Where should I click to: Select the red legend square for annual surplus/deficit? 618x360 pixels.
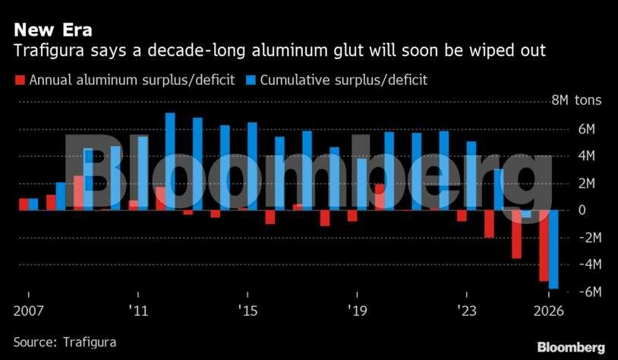pos(20,80)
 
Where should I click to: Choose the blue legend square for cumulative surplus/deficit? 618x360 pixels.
pos(250,80)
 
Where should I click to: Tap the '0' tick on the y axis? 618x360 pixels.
pos(582,210)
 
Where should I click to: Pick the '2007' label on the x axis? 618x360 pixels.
pos(29,311)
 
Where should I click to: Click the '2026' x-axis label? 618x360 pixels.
pos(549,311)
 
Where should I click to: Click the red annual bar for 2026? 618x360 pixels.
pos(544,245)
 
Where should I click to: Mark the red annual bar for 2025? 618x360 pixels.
pos(516,234)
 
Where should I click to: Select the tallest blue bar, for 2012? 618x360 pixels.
pos(170,161)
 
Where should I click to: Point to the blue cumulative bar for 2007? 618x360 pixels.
pos(33,204)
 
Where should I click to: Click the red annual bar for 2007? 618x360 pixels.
pos(24,204)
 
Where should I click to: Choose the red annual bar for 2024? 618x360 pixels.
pos(489,224)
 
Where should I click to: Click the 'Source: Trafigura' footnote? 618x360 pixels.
pos(65,343)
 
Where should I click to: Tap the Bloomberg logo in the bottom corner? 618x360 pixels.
pos(571,347)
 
